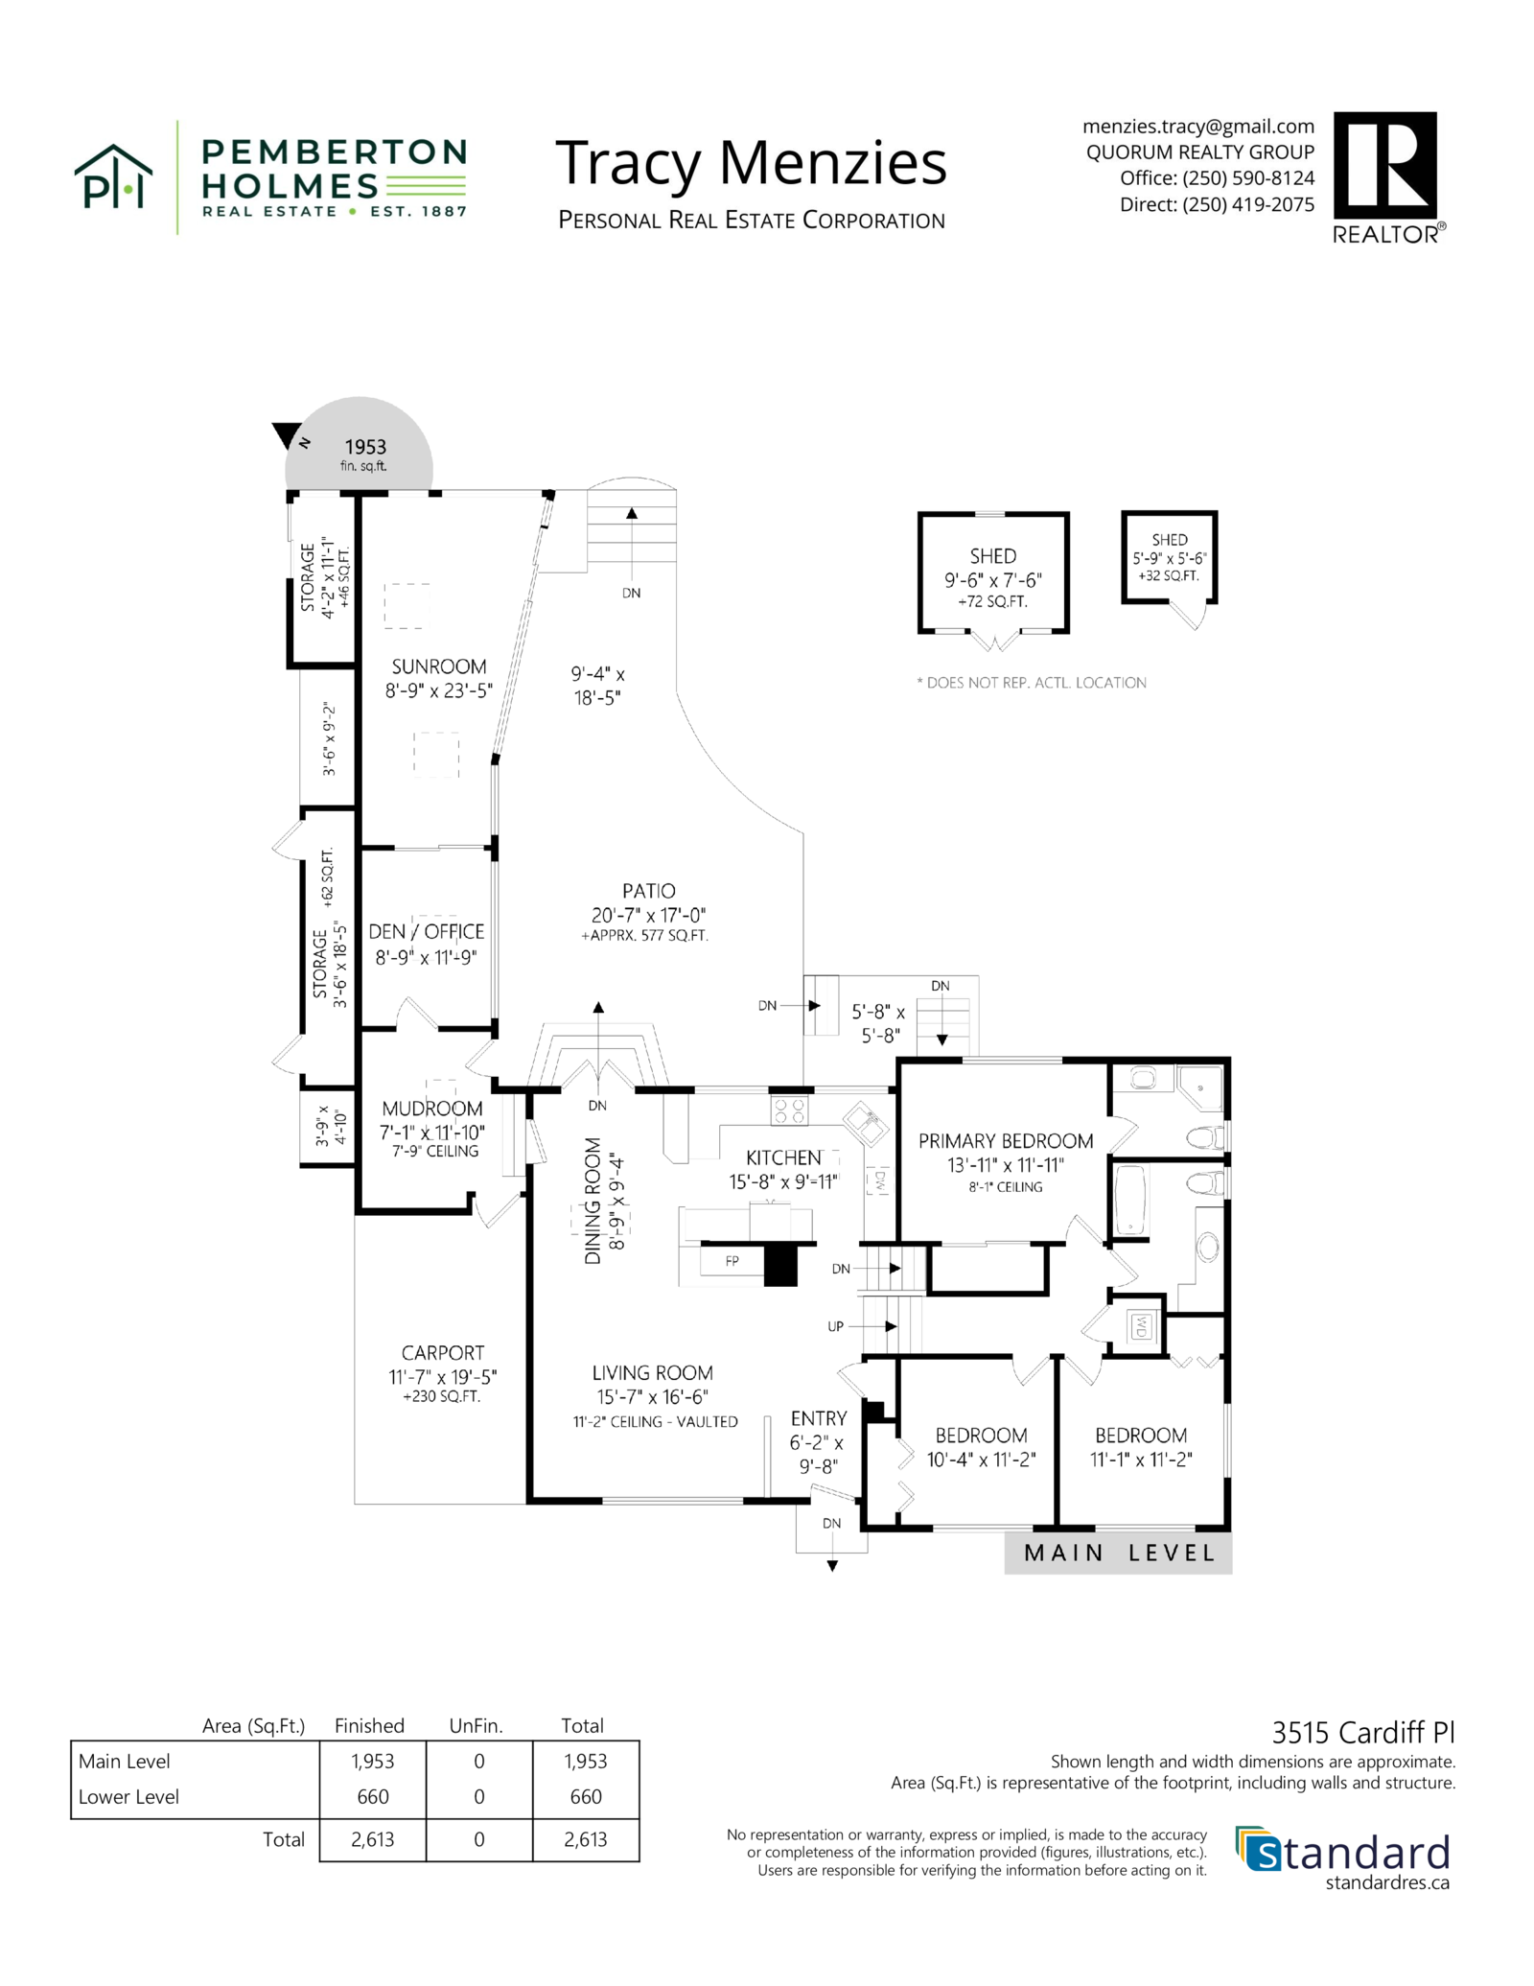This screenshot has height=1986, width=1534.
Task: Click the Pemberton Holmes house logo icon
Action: pyautogui.click(x=113, y=177)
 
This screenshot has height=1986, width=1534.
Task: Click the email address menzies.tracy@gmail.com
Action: pyautogui.click(x=1197, y=127)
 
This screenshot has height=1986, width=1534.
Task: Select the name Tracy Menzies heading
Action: pyautogui.click(x=751, y=162)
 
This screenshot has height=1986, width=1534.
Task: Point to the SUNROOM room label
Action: pyautogui.click(x=438, y=666)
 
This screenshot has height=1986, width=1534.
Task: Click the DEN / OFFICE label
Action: pyautogui.click(x=426, y=931)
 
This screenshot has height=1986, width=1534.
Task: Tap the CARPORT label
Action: pyautogui.click(x=442, y=1353)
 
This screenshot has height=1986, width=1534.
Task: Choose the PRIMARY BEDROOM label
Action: pyautogui.click(x=1005, y=1141)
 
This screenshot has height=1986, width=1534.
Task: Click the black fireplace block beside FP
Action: pyautogui.click(x=780, y=1265)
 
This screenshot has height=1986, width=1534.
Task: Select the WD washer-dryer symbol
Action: pyautogui.click(x=1141, y=1326)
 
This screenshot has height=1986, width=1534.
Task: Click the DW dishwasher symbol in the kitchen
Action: pyautogui.click(x=878, y=1180)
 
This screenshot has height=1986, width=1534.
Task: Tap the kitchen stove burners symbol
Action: pyautogui.click(x=789, y=1111)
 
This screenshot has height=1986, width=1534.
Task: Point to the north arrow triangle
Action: pyautogui.click(x=286, y=434)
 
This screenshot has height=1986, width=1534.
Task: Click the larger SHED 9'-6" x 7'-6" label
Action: pyautogui.click(x=992, y=556)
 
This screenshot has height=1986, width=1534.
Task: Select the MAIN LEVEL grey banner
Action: pyautogui.click(x=1118, y=1553)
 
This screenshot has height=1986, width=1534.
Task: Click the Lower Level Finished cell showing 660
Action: pyautogui.click(x=372, y=1797)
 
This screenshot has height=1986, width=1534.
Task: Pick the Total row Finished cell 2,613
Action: pyautogui.click(x=372, y=1839)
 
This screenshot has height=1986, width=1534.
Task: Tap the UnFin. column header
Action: pyautogui.click(x=476, y=1725)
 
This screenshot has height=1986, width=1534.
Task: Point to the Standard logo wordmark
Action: pyautogui.click(x=1352, y=1853)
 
